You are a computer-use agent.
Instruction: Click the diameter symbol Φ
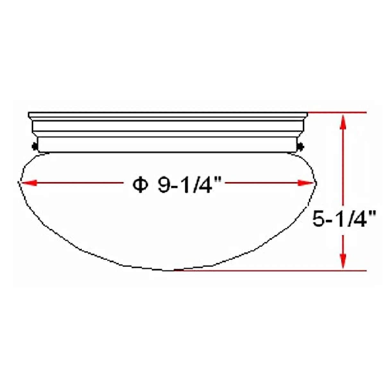click(x=140, y=185)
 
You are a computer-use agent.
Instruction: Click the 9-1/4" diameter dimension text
click(x=189, y=185)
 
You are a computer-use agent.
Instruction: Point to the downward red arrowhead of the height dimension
click(x=343, y=261)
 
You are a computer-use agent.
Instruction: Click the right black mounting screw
click(x=301, y=147)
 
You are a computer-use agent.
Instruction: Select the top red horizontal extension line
click(x=337, y=113)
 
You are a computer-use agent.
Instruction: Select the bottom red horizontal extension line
click(x=273, y=270)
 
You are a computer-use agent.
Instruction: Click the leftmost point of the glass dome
click(x=18, y=182)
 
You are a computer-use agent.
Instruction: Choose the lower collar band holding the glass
click(x=167, y=145)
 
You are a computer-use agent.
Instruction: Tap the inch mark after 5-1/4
click(x=372, y=214)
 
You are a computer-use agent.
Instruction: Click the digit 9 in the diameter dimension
click(x=164, y=185)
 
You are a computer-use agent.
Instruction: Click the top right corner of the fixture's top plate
click(x=307, y=113)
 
